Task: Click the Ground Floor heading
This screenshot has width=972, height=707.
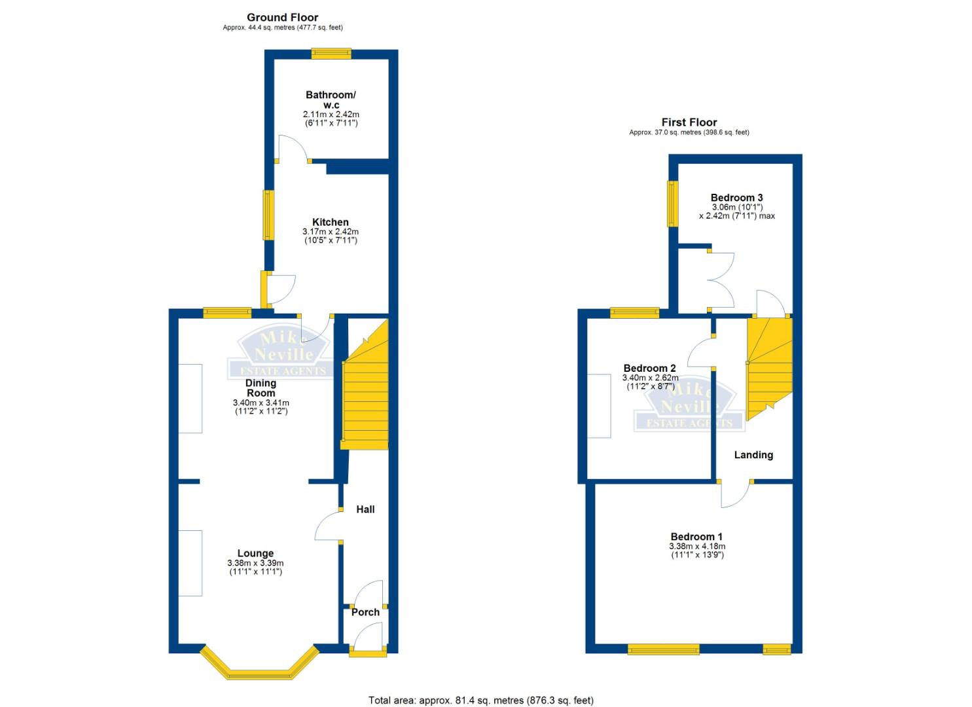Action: (x=283, y=18)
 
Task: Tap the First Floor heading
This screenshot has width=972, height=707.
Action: (x=689, y=122)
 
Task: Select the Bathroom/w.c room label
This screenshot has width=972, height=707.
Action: (x=331, y=100)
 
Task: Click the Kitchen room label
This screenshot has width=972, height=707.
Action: (x=331, y=222)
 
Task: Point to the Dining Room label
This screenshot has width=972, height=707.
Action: (x=261, y=388)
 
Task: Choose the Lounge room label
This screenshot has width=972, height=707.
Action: (x=255, y=553)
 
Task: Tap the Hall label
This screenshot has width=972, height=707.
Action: (x=365, y=509)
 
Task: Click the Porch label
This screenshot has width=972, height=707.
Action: (x=365, y=612)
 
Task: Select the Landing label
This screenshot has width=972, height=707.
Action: (x=754, y=455)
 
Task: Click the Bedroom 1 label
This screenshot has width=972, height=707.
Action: (x=696, y=537)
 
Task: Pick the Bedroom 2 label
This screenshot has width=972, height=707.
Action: (x=649, y=369)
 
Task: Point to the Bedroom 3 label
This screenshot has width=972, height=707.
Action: (x=737, y=198)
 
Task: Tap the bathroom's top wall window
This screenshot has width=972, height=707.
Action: (x=331, y=54)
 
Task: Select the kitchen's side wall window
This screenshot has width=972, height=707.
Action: (x=269, y=215)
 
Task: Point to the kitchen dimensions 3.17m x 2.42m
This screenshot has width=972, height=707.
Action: (x=331, y=232)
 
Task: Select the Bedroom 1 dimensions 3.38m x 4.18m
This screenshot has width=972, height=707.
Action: (x=697, y=547)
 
